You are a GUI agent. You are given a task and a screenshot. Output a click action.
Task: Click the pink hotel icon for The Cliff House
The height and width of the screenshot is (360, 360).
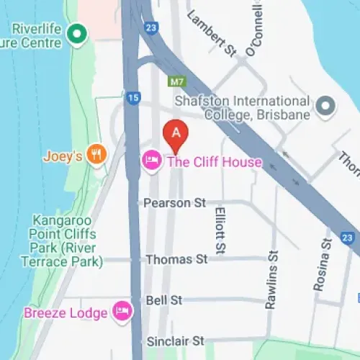pos(151,161)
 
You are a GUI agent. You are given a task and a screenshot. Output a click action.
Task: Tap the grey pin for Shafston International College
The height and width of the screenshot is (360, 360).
pos(326,107)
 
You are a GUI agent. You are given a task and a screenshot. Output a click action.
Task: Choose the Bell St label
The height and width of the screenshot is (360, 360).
pos(163,300)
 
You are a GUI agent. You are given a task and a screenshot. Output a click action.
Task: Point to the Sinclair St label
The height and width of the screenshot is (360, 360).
pos(176,340)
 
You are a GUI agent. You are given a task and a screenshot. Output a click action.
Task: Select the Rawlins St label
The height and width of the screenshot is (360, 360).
pos(271,280)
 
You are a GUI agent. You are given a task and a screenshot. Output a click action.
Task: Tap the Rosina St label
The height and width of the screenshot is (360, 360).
pos(321,265)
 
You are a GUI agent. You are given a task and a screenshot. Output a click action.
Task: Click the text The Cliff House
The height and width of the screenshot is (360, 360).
pos(215,162)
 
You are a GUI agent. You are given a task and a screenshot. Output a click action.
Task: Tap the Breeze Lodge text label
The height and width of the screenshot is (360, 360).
pos(66,312)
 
